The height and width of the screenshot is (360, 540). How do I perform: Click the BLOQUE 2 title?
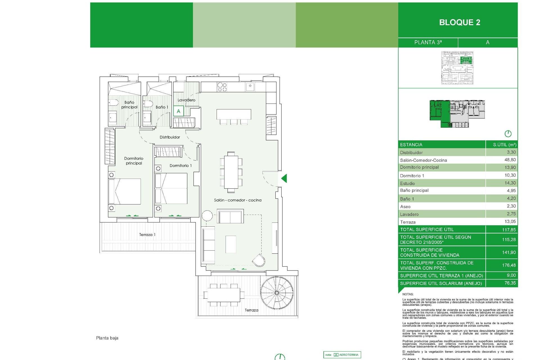pos(459,22)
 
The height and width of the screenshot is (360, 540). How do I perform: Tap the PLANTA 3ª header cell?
pos(428,42)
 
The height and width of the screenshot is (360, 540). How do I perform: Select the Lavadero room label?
pos(186,100)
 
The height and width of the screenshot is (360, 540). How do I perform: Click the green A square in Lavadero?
pos(178,111)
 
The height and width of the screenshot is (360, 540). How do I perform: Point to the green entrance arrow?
pos(284,178)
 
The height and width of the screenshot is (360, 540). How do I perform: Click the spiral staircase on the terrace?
pos(277,293)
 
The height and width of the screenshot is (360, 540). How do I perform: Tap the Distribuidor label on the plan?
pos(170,137)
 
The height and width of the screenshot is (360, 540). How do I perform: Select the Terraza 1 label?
pos(147,235)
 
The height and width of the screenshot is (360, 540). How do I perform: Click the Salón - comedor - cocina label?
pos(238,200)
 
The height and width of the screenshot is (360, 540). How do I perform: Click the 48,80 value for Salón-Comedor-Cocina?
pos(510,160)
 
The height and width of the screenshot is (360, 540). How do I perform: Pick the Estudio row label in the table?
pos(407,183)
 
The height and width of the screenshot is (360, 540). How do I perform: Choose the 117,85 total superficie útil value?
pos(509,230)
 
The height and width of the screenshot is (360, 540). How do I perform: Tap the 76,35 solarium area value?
pos(510,283)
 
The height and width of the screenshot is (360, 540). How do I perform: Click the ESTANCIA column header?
pos(411,145)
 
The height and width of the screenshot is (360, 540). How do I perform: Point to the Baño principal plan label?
pos(129,105)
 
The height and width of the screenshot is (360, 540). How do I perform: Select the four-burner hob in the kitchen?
pos(222,87)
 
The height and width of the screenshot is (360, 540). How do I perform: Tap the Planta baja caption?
pos(107,338)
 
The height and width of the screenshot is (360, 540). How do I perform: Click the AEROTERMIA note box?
pos(342,355)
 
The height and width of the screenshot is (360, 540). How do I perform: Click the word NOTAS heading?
pos(408,294)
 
